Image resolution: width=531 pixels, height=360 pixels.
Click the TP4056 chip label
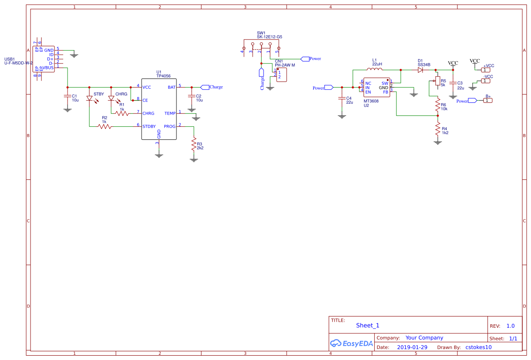[163, 76]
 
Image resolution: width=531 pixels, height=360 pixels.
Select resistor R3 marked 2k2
[194, 145]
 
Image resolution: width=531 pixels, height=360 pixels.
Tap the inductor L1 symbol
[374, 70]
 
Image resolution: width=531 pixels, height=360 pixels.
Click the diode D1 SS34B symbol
[420, 70]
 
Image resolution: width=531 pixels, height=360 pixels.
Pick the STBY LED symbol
[90, 99]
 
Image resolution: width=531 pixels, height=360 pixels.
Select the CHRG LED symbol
[112, 99]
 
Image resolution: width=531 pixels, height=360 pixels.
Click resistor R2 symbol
[105, 127]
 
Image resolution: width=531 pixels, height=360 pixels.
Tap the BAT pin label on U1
[172, 87]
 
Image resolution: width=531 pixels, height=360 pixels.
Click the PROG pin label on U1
[169, 127]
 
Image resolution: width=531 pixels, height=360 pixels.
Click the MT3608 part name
[371, 101]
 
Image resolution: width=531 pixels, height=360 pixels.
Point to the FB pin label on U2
[385, 92]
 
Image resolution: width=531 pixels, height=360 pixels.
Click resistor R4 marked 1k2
[438, 129]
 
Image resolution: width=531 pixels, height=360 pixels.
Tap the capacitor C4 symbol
[342, 99]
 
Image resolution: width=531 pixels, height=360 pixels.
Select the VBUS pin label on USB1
[48, 67]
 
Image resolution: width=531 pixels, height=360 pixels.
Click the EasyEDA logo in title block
[352, 343]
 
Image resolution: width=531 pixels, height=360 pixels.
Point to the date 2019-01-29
[412, 347]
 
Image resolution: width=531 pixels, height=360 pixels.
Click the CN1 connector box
[281, 74]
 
